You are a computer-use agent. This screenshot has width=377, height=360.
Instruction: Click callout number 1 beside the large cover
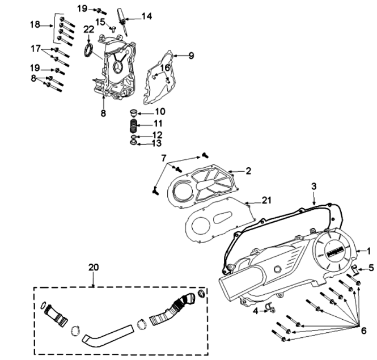point(368,250)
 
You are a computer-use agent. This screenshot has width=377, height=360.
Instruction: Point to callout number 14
point(146,16)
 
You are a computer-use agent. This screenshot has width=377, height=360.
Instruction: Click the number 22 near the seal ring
point(89,29)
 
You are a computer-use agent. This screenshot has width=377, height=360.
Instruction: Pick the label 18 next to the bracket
point(35,25)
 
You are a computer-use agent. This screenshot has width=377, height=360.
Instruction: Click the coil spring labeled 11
point(130,124)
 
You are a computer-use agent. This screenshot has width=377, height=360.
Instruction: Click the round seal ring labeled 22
point(88,52)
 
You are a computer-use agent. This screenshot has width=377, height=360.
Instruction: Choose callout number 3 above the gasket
point(314,186)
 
